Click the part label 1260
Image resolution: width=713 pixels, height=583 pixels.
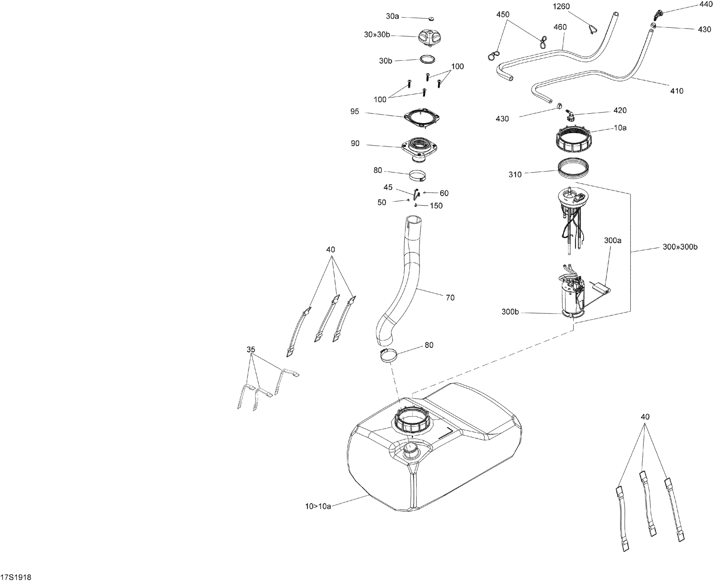click(561, 7)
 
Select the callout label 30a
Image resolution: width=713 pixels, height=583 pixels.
click(392, 16)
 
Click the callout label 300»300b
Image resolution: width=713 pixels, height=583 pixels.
click(680, 247)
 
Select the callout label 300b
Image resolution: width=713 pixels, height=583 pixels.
click(510, 312)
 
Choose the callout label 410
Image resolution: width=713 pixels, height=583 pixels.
click(676, 91)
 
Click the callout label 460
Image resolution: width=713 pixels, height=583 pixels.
click(560, 27)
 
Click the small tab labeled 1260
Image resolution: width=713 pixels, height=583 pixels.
click(592, 29)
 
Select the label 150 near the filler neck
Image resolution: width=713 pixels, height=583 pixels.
click(436, 206)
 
